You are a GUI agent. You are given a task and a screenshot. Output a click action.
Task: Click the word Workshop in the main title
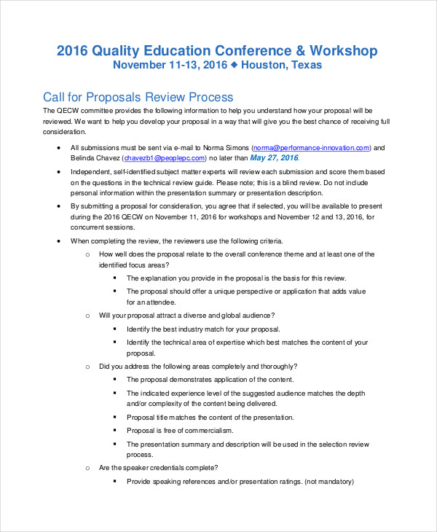pyautogui.click(x=344, y=50)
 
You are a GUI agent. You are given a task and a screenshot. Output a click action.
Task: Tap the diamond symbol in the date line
pyautogui.click(x=235, y=65)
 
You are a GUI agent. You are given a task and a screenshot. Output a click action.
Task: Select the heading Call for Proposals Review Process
pyautogui.click(x=138, y=97)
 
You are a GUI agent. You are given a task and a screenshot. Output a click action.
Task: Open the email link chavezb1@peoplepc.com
pyautogui.click(x=164, y=157)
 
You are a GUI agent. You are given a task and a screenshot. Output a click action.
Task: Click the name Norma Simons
pyautogui.click(x=228, y=146)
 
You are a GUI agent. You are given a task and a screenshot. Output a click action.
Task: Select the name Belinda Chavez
pyautogui.click(x=95, y=157)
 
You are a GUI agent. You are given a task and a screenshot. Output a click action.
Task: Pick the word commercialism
pyautogui.click(x=219, y=430)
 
